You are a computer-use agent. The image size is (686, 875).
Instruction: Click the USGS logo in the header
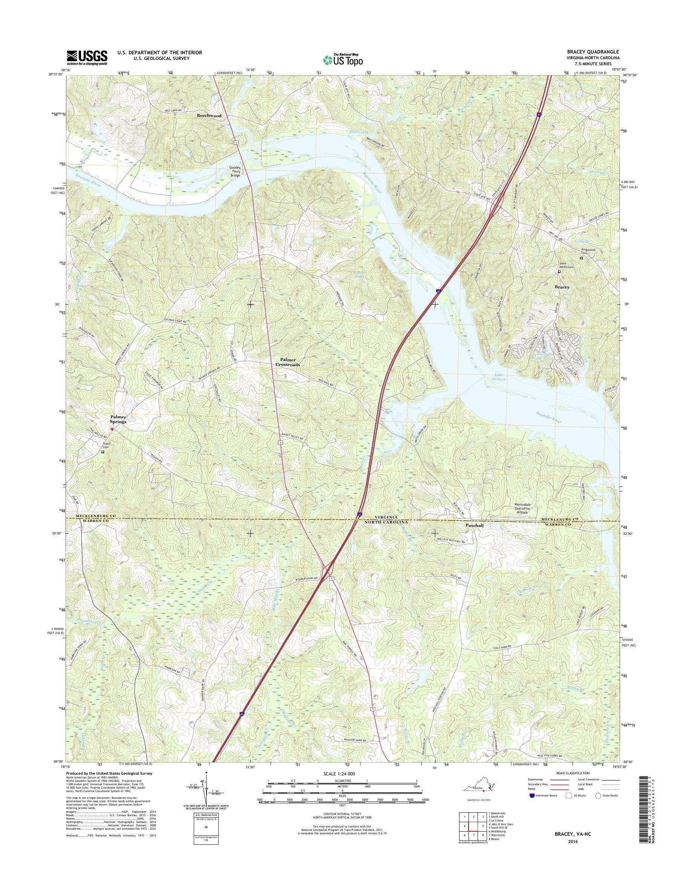click(87, 57)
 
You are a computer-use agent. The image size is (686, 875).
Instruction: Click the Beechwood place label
click(209, 115)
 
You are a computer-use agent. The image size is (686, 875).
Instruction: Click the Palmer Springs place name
click(118, 420)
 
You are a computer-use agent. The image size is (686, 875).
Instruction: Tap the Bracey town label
click(562, 287)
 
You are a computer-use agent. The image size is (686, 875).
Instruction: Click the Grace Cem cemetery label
click(106, 446)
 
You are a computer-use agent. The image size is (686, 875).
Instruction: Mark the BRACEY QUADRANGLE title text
click(592, 52)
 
